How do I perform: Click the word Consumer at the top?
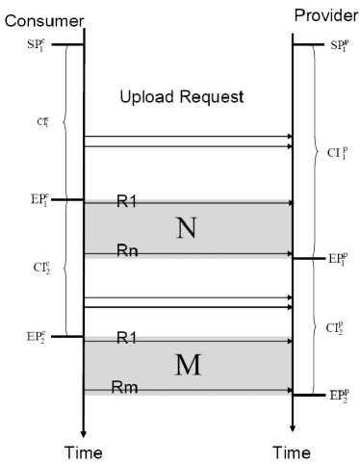click(36, 18)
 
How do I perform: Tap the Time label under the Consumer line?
click(84, 450)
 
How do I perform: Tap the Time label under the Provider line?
click(292, 450)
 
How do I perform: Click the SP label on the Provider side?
click(336, 45)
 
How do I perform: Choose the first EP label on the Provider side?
click(336, 260)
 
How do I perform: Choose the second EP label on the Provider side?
click(336, 396)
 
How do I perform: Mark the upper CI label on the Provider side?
click(337, 152)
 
